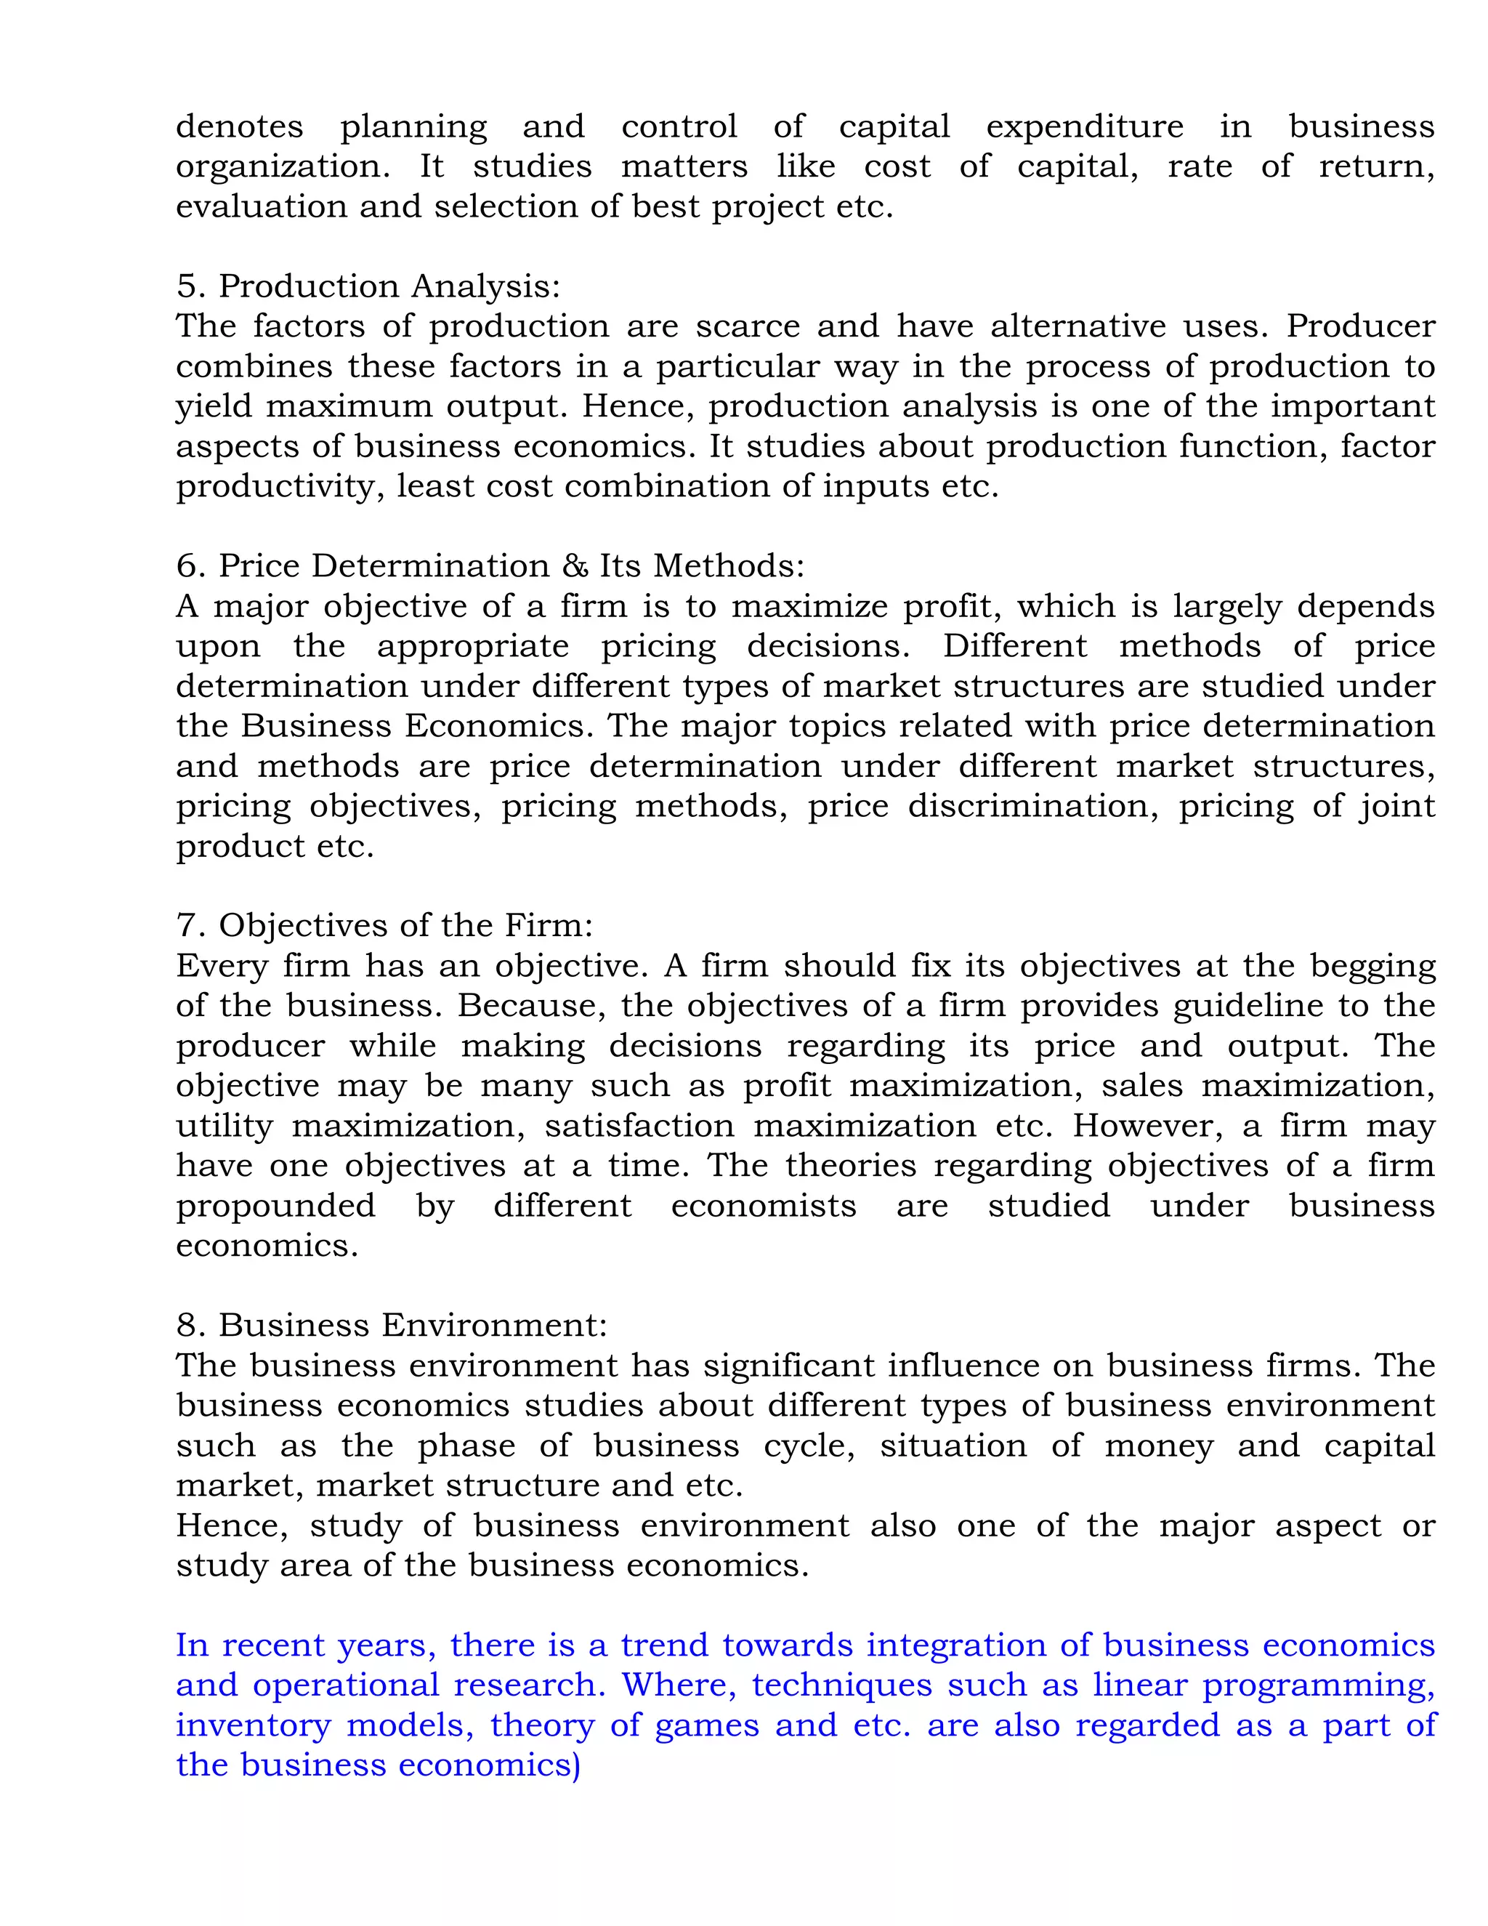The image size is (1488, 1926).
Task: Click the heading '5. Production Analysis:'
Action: [368, 286]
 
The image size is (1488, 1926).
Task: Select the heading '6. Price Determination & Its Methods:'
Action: [490, 566]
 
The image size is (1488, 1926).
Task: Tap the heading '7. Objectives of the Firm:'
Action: [384, 925]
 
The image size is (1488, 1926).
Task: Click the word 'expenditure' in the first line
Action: [1084, 127]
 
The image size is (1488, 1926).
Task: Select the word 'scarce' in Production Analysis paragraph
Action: [748, 326]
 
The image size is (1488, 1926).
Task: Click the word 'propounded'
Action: [276, 1206]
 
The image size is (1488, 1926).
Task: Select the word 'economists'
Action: [764, 1206]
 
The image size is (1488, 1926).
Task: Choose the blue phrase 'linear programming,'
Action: [1263, 1685]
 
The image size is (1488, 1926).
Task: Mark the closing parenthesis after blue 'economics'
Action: [576, 1765]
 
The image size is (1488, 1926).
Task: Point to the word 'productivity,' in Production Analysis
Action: [280, 487]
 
